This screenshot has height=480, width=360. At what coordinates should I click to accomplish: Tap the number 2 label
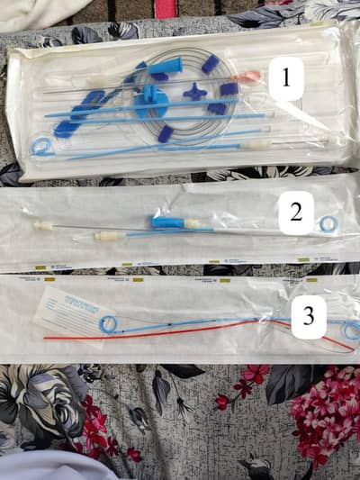[295, 213]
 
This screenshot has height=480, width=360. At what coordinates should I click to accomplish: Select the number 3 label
[309, 316]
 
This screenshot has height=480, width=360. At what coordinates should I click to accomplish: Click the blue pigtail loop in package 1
[40, 146]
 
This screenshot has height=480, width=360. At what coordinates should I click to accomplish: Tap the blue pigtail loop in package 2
[328, 223]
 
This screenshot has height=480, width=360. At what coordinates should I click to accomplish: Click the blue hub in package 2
[166, 221]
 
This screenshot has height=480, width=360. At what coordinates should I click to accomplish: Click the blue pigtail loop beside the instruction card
[108, 324]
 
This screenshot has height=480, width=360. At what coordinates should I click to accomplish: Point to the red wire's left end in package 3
[45, 338]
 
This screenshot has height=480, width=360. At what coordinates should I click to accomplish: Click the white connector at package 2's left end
[43, 225]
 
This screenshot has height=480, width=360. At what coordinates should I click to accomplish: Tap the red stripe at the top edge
[166, 7]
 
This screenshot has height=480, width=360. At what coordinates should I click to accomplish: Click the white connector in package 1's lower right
[258, 142]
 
